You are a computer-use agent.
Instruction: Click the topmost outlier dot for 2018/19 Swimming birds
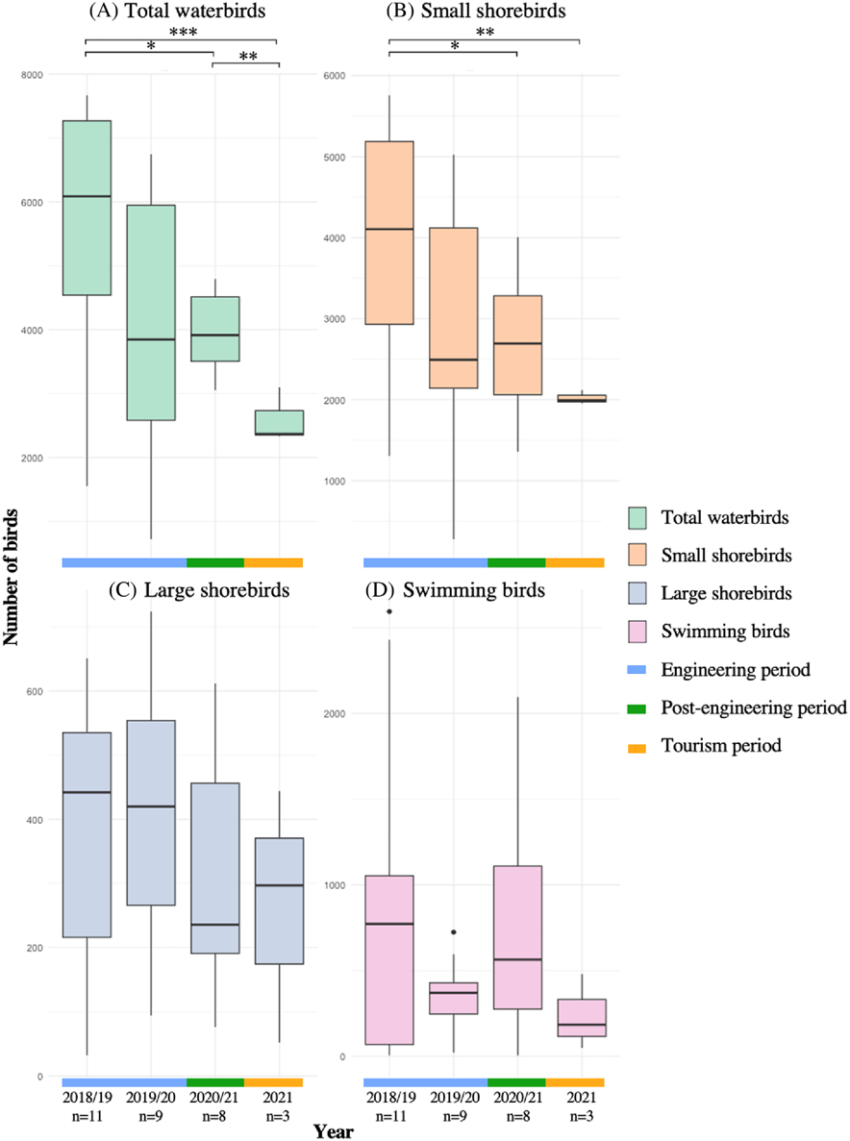(x=388, y=611)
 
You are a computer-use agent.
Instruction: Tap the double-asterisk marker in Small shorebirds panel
(x=485, y=33)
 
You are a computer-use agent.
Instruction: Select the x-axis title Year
(x=334, y=1132)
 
